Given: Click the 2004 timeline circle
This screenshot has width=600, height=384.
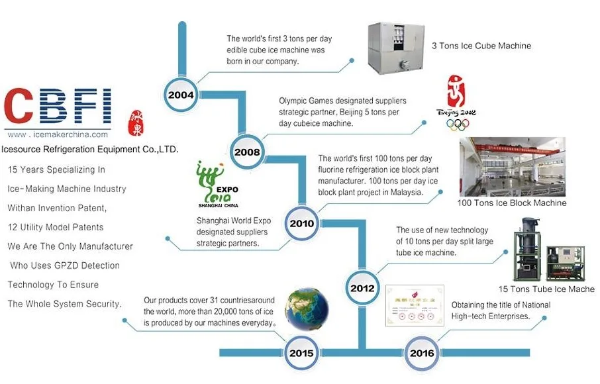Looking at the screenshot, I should (x=181, y=94).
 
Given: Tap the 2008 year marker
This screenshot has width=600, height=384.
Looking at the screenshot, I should (x=246, y=152).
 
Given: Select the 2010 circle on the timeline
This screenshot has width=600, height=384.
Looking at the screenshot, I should (x=301, y=223).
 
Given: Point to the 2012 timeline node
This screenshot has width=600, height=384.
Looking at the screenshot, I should (x=362, y=287).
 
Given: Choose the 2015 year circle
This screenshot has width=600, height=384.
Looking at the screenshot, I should (x=301, y=353).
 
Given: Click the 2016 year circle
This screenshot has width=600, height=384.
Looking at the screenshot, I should (x=422, y=353).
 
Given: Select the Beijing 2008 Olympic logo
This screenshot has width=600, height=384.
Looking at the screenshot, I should (x=457, y=102).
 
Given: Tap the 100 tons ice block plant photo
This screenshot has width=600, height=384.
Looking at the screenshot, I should (x=513, y=167).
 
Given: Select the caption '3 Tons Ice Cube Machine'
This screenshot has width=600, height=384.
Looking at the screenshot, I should (x=481, y=46).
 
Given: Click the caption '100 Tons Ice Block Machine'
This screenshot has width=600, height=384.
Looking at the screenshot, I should (x=512, y=203).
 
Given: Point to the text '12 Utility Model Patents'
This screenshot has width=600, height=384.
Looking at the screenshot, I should (x=56, y=227).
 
